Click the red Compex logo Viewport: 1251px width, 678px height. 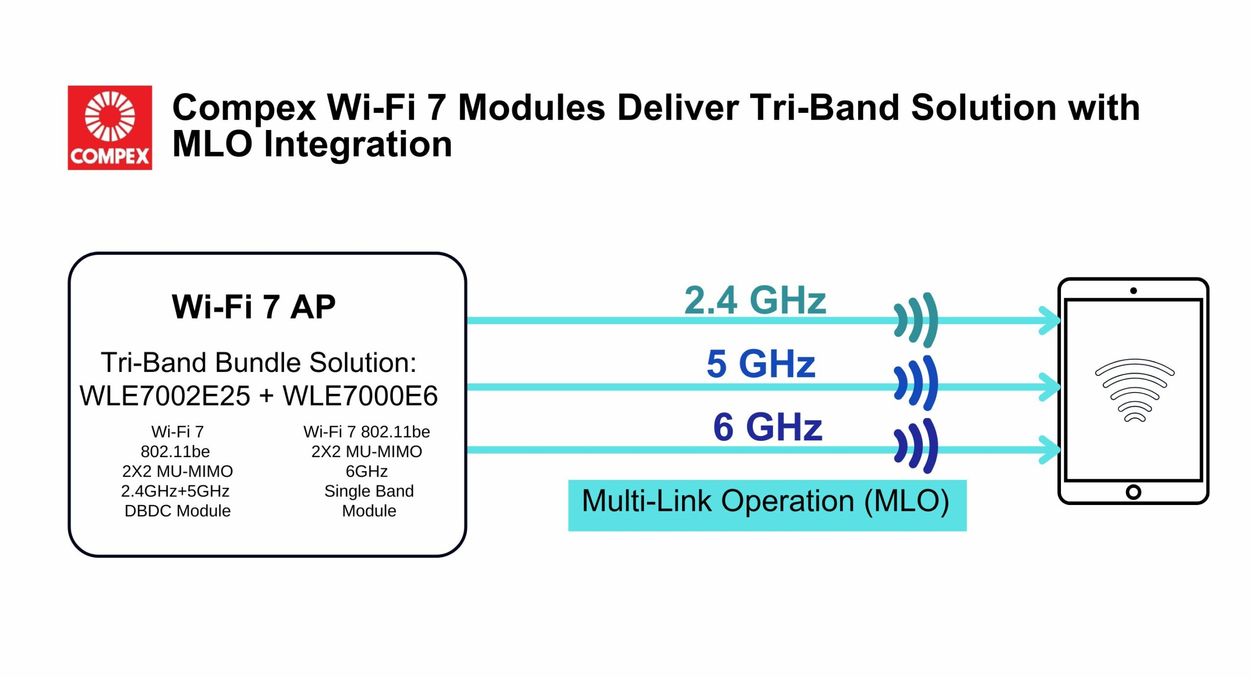coord(110,128)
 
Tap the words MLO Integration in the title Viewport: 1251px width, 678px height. coord(312,145)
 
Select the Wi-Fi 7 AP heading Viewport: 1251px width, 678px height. coord(254,306)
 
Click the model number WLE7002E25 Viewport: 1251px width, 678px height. coord(165,395)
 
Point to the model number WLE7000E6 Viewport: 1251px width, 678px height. coord(360,395)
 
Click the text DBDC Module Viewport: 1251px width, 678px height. coord(177,511)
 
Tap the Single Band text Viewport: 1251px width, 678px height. coord(369,491)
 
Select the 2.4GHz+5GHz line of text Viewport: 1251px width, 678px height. coord(175,491)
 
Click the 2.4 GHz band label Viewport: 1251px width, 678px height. coord(755,300)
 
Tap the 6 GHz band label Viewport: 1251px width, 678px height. coord(768,427)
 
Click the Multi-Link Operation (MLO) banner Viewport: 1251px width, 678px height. coord(767,505)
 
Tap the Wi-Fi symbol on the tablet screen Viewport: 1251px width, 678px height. coord(1134,390)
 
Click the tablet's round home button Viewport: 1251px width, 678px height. coord(1133,492)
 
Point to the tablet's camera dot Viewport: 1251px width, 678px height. coord(1133,291)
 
